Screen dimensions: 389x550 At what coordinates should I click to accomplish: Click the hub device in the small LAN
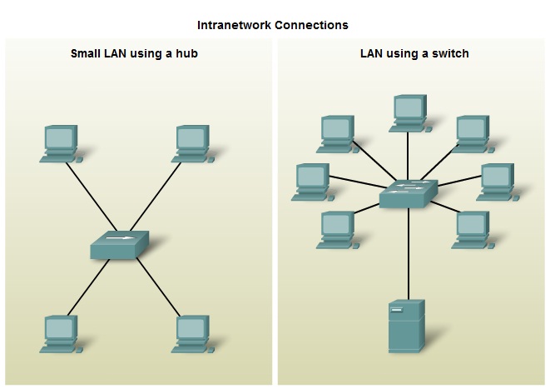119,246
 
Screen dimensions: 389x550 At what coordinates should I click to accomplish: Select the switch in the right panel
408,195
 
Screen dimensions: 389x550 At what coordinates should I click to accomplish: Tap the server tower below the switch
407,327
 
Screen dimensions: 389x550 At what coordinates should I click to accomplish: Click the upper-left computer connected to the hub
60,142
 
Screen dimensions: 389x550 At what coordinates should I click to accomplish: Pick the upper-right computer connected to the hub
192,142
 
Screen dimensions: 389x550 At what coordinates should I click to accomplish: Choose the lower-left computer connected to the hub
60,333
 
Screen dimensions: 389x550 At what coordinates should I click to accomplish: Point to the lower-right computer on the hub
192,333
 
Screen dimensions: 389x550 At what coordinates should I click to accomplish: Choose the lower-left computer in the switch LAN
337,229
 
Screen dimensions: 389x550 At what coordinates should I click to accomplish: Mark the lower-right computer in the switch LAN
471,229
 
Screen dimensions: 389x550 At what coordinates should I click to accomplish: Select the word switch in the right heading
450,54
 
